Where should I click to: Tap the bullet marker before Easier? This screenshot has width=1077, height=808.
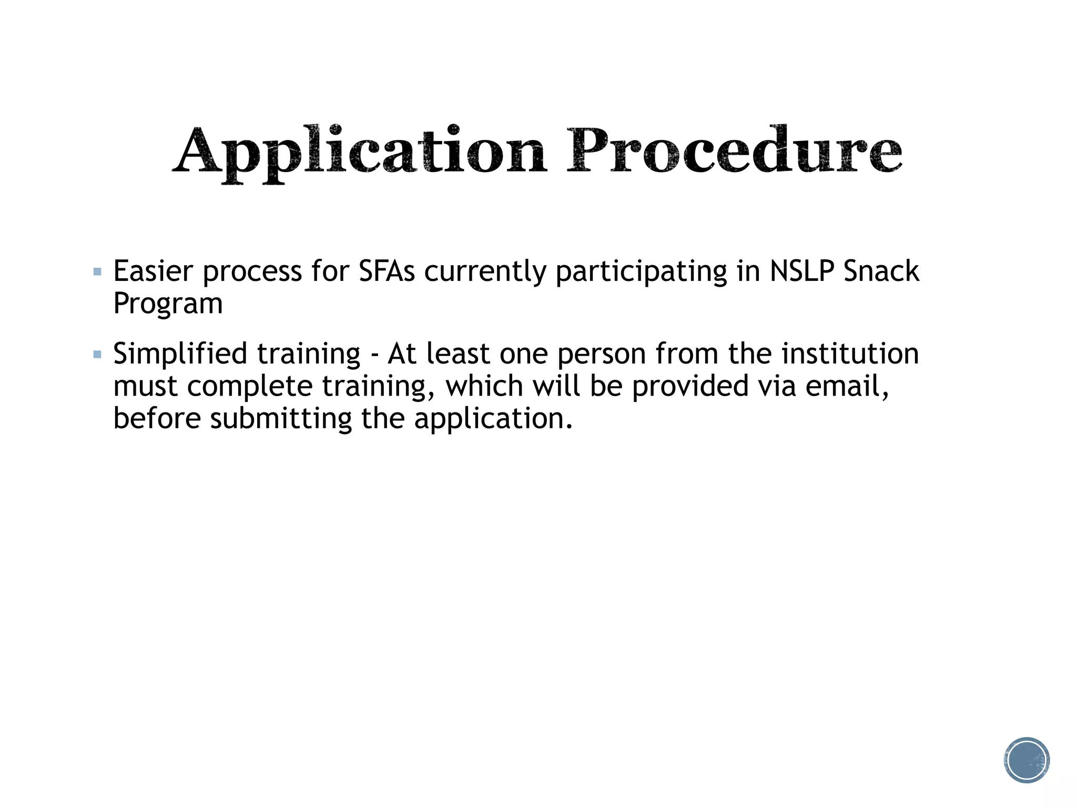(97, 272)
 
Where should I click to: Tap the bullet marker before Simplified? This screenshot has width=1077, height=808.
(97, 355)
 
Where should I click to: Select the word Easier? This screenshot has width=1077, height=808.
(153, 271)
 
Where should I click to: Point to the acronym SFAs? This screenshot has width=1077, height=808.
(387, 271)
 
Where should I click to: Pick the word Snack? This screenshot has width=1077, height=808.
(881, 271)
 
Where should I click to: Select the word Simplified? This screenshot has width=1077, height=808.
(180, 354)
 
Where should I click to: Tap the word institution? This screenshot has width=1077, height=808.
(850, 353)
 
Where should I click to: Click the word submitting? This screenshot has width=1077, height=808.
(281, 419)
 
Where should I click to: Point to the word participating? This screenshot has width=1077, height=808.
(641, 272)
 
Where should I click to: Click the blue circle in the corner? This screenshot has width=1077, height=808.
(1027, 760)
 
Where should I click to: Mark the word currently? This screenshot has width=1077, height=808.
(485, 272)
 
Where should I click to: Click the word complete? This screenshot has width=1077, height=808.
(250, 387)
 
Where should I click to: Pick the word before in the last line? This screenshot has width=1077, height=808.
(157, 419)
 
